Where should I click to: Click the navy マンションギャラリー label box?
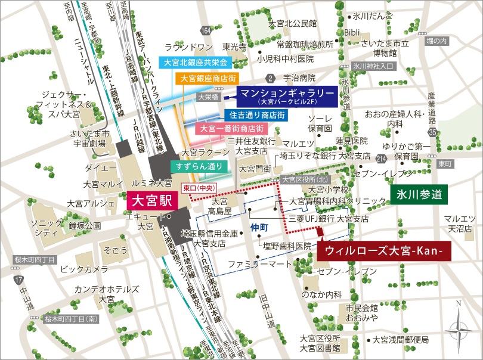287,95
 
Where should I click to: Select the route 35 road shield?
432,132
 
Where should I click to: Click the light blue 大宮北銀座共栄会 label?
196,62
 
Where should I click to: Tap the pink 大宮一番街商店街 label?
231,129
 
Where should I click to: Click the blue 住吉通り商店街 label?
257,114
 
